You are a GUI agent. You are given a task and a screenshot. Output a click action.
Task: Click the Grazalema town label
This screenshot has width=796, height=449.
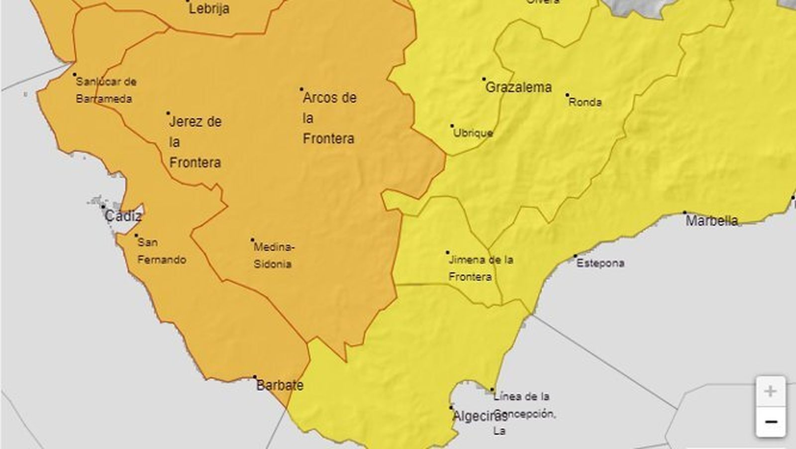click(518, 88)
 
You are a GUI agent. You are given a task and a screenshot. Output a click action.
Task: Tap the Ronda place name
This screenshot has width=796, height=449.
click(585, 103)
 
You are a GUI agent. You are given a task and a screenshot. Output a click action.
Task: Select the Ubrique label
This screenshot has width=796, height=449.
click(473, 133)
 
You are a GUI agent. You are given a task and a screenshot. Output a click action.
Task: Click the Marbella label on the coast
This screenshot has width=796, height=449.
click(711, 221)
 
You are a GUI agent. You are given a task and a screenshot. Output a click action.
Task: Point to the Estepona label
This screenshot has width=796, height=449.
click(600, 263)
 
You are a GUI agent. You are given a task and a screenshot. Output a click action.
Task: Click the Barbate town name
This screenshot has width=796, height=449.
click(280, 385)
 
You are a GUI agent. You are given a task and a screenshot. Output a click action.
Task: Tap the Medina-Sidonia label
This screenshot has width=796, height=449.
click(274, 255)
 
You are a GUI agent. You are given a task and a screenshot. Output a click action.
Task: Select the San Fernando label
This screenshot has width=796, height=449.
click(162, 251)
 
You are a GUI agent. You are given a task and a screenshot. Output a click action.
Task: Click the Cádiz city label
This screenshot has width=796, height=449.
click(123, 216)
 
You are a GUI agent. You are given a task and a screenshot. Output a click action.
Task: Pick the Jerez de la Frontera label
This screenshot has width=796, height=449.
click(195, 142)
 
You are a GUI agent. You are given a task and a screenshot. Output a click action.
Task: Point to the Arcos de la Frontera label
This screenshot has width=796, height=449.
click(329, 118)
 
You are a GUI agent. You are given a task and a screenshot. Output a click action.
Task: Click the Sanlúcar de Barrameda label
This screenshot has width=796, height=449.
click(105, 90)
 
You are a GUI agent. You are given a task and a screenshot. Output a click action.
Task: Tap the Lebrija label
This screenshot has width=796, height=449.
click(209, 8)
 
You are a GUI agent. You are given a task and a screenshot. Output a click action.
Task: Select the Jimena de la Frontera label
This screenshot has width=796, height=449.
click(481, 268)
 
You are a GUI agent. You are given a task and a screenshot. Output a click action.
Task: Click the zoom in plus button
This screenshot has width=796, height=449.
click(770, 391)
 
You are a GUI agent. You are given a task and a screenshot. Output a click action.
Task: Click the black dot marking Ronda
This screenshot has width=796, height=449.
click(567, 95)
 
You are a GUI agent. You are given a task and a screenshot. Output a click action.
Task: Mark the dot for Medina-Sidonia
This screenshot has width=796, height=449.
click(252, 240)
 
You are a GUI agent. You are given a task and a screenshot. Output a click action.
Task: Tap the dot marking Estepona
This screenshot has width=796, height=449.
click(576, 256)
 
